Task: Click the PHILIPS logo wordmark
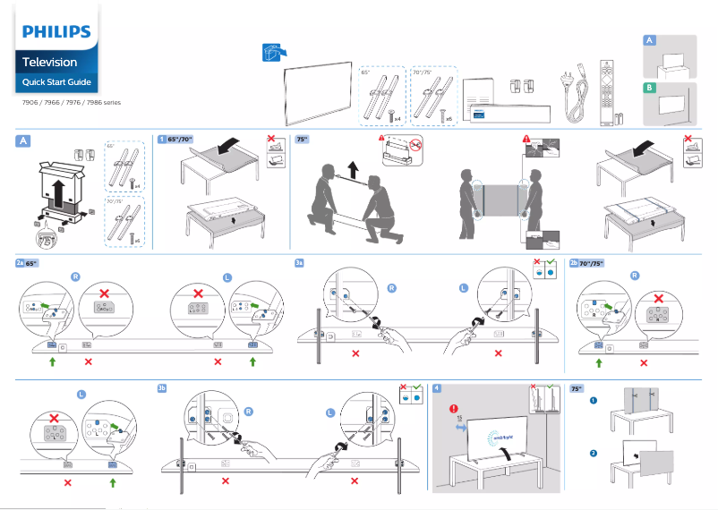(56, 33)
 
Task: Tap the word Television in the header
(49, 63)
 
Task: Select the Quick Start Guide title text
(56, 82)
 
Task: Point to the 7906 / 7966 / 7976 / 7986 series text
(70, 102)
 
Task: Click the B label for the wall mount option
(650, 88)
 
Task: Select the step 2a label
(20, 263)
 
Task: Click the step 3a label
(300, 263)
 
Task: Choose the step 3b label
(162, 388)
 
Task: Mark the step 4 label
(436, 388)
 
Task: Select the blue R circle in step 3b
(248, 412)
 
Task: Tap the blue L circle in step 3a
(463, 287)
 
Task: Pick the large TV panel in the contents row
(319, 88)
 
